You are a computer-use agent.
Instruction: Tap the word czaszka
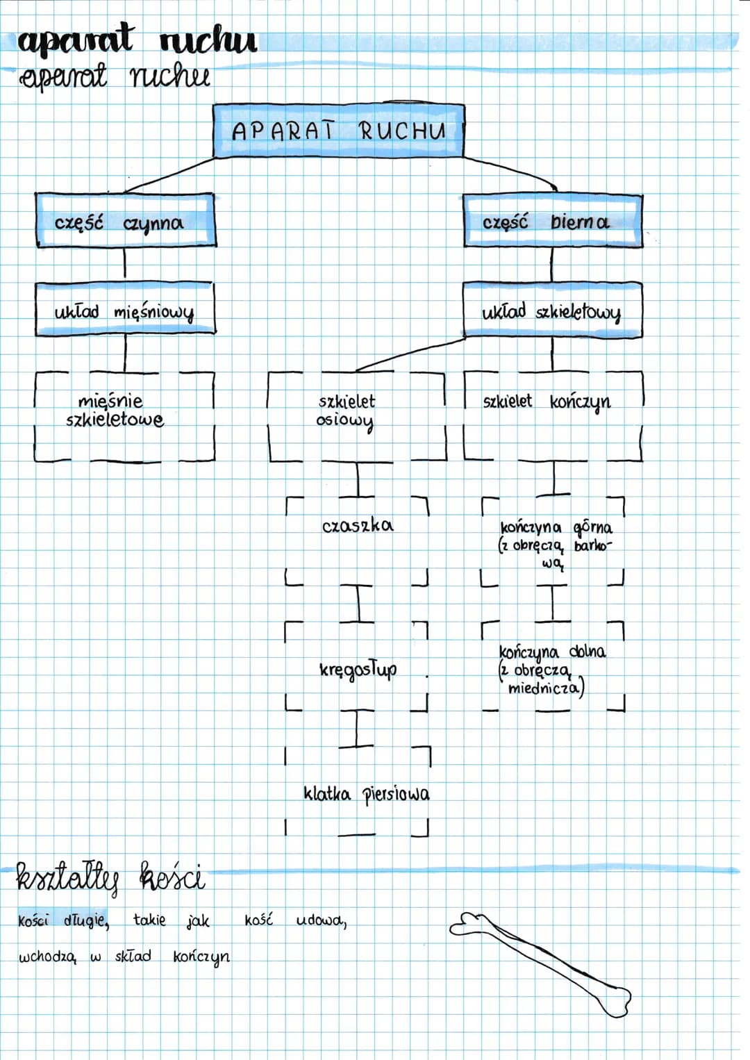tap(358, 526)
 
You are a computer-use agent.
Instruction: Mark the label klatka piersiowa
tap(366, 795)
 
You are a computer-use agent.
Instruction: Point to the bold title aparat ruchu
tap(137, 42)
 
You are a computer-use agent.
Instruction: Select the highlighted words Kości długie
tap(63, 921)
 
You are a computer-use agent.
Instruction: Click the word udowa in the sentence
tap(322, 921)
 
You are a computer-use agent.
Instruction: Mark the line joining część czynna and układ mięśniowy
tap(125, 263)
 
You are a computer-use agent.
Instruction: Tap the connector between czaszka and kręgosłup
tap(358, 604)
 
